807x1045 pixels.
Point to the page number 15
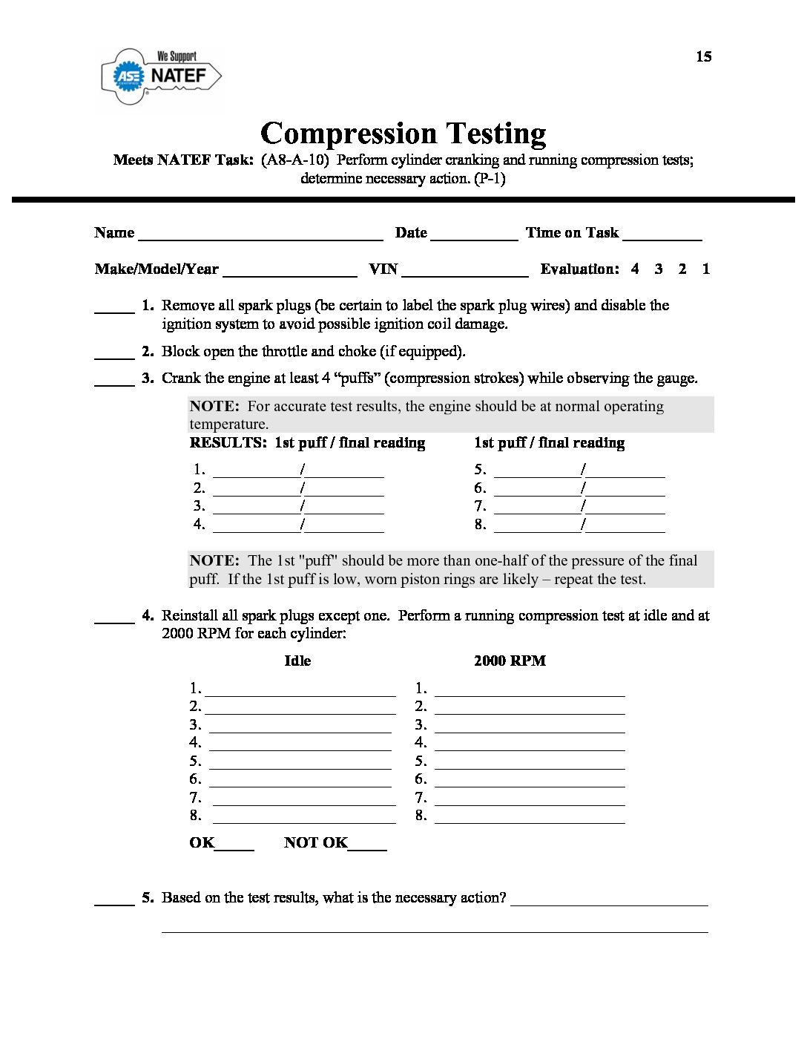703,56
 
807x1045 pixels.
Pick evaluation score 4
635,269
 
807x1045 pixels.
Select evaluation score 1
705,269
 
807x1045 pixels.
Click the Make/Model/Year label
157,269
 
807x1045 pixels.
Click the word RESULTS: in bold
228,443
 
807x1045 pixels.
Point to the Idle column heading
297,661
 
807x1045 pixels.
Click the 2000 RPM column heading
510,661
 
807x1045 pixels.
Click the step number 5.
148,897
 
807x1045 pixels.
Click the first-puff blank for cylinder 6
537,491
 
